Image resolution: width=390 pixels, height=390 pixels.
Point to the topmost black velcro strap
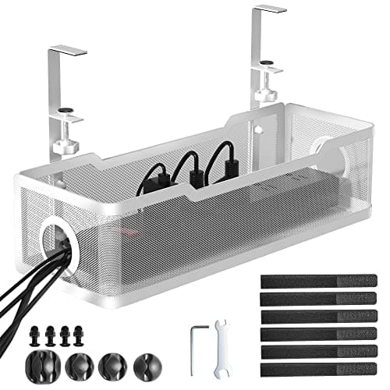click(x=318, y=281)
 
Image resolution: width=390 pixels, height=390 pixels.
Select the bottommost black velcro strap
click(x=318, y=367)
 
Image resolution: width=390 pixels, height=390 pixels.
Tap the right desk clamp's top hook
click(x=270, y=10)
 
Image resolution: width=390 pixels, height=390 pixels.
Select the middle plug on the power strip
click(x=195, y=173)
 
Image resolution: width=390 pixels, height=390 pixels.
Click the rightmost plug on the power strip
click(x=229, y=165)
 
